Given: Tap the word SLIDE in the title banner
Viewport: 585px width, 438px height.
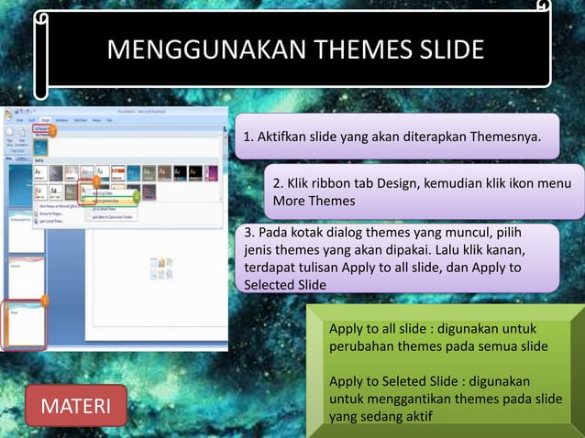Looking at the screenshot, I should (x=450, y=49).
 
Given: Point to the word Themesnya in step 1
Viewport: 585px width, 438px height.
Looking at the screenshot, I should (x=504, y=137).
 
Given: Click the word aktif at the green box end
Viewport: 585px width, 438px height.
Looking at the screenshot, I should (x=413, y=417).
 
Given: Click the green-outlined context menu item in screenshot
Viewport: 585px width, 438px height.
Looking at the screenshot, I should (x=108, y=195).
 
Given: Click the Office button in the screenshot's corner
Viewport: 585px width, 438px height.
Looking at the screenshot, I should (x=8, y=115).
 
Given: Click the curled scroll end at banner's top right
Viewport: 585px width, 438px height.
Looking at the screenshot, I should (x=543, y=8).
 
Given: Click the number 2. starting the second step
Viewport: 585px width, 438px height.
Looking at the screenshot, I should (x=280, y=183).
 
